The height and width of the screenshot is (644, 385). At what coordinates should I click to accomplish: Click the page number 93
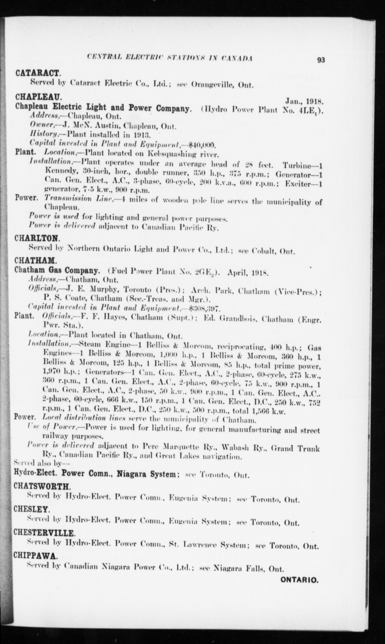click(321, 60)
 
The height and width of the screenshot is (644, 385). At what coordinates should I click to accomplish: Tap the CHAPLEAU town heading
click(39, 97)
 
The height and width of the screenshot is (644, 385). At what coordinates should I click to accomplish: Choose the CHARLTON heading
click(37, 238)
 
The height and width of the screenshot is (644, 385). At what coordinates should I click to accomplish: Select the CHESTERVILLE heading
click(44, 532)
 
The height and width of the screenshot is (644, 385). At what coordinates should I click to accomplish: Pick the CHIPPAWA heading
click(34, 556)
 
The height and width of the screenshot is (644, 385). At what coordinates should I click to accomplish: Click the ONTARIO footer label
click(299, 580)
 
